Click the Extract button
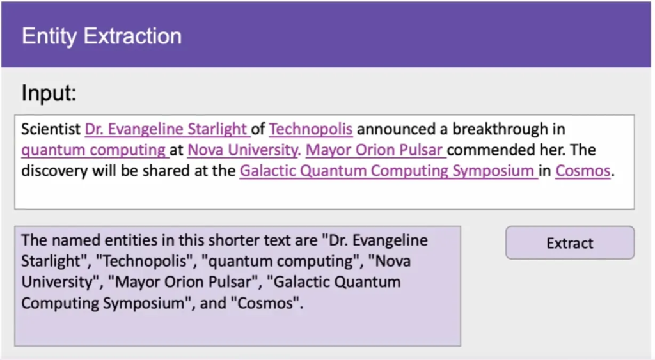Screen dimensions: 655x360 [x=570, y=242]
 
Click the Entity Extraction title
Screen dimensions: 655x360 [x=102, y=36]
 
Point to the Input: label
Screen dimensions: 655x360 [x=49, y=92]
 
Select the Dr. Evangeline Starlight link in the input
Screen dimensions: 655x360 [x=167, y=129]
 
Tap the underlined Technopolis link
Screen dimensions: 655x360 [x=311, y=129]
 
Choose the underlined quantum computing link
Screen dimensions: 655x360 [x=95, y=150]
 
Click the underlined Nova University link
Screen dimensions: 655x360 [x=243, y=150]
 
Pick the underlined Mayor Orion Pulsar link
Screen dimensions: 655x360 [x=375, y=150]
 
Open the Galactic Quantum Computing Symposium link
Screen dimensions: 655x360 [x=388, y=171]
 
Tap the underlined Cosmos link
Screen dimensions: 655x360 [x=583, y=171]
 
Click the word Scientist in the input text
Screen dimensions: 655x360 [x=51, y=129]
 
